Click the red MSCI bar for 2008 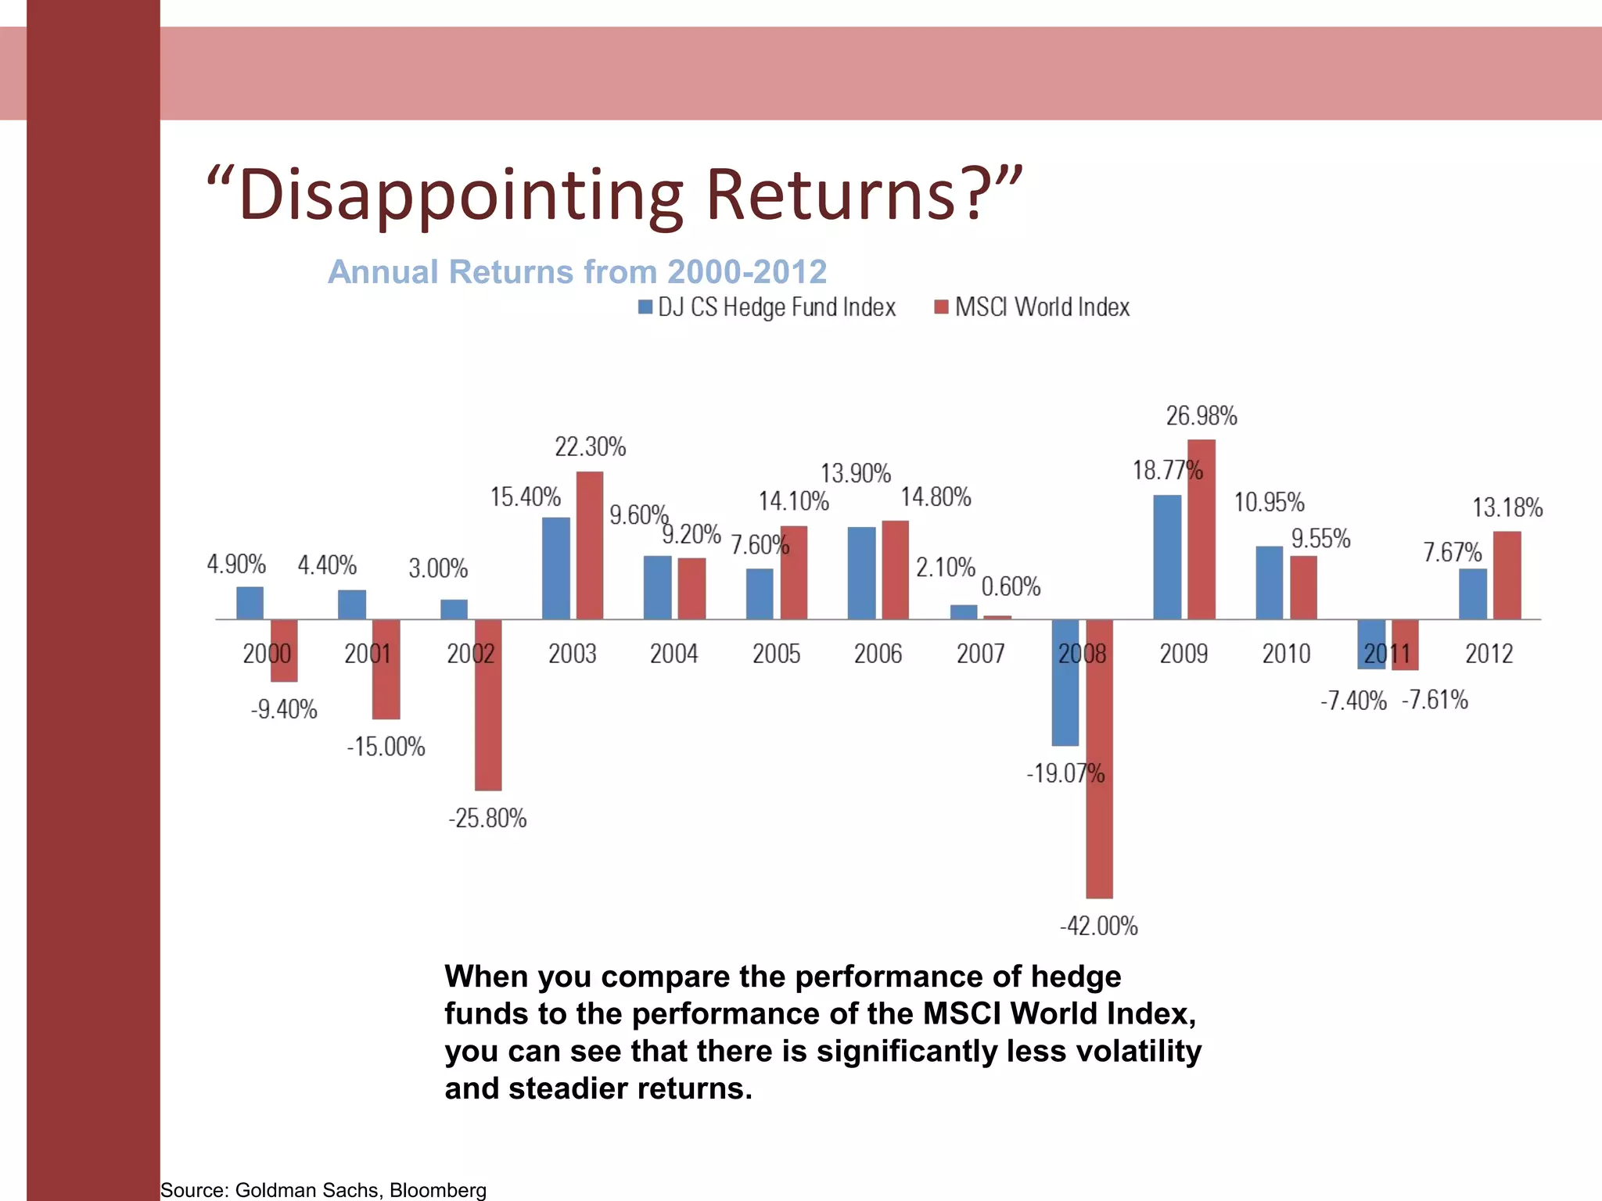1099,758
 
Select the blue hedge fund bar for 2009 1167,557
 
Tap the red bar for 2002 488,704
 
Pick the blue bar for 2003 555,568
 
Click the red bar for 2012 1507,575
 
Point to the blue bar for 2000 250,603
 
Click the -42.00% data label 1098,927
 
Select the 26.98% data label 1201,416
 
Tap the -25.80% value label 487,819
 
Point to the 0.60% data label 1011,586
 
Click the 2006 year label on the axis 878,654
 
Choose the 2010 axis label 1286,654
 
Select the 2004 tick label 673,654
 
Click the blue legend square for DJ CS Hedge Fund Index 645,307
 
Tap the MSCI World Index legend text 1042,307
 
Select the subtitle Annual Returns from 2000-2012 577,272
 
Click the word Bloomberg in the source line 437,1190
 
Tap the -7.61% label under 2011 1435,700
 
